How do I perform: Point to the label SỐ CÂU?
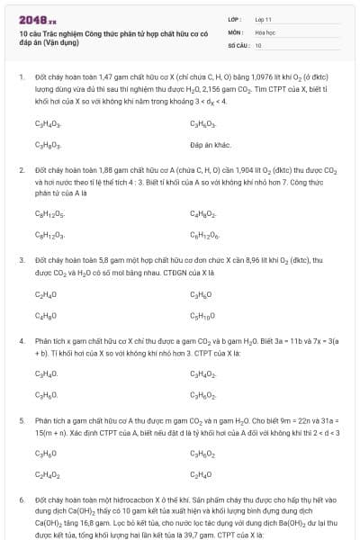[x=237, y=44]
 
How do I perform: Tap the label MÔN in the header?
[x=234, y=31]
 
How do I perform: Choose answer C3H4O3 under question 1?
[x=48, y=123]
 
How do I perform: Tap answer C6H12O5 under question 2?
[x=49, y=213]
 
